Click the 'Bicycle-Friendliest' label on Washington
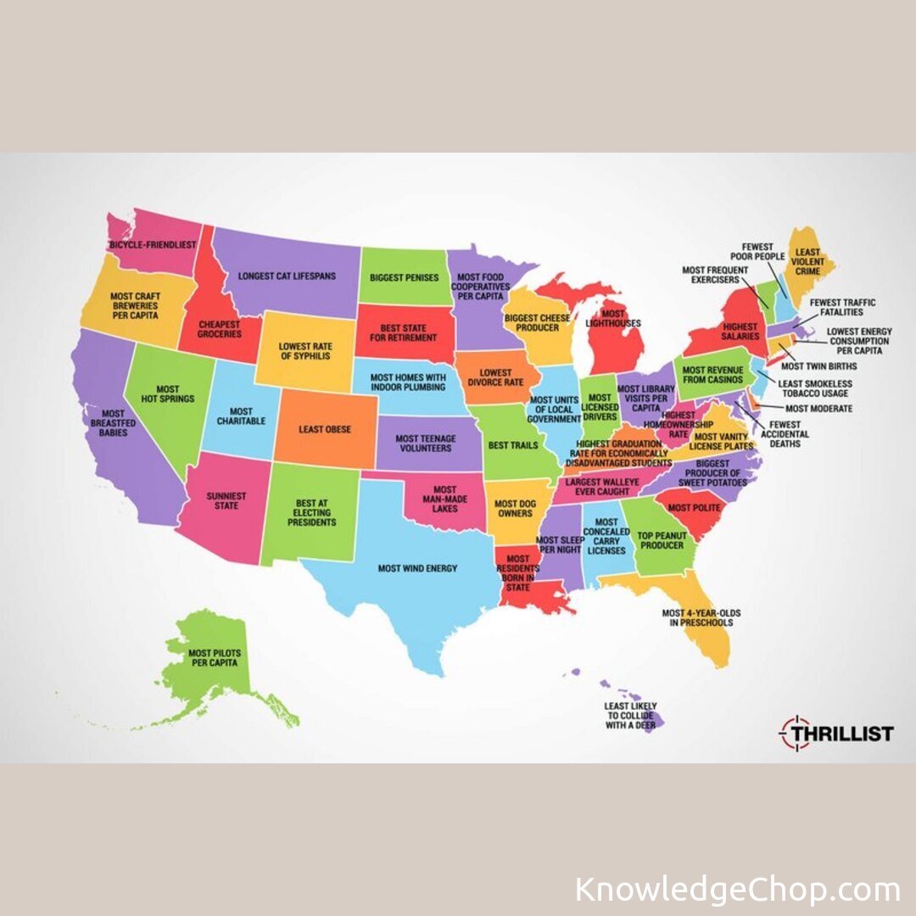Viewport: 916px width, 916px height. click(x=153, y=244)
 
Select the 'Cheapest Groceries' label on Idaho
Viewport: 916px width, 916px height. click(x=220, y=328)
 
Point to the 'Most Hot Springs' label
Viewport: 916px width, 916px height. click(x=170, y=393)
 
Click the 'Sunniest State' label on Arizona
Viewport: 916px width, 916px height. click(x=226, y=500)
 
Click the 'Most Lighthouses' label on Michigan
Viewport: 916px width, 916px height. click(x=612, y=319)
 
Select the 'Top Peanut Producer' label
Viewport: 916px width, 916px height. click(x=661, y=540)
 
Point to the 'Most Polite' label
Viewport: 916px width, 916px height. click(x=694, y=507)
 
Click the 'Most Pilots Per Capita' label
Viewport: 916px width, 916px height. click(x=212, y=657)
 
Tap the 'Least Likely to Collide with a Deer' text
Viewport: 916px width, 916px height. click(x=630, y=716)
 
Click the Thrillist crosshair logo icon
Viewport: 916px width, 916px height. click(x=796, y=733)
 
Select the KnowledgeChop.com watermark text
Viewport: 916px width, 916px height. click(x=737, y=891)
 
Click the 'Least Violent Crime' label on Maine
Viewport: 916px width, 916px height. click(x=808, y=262)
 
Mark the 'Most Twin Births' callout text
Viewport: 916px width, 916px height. click(x=818, y=366)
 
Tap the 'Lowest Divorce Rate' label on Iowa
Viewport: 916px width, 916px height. click(x=496, y=377)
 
